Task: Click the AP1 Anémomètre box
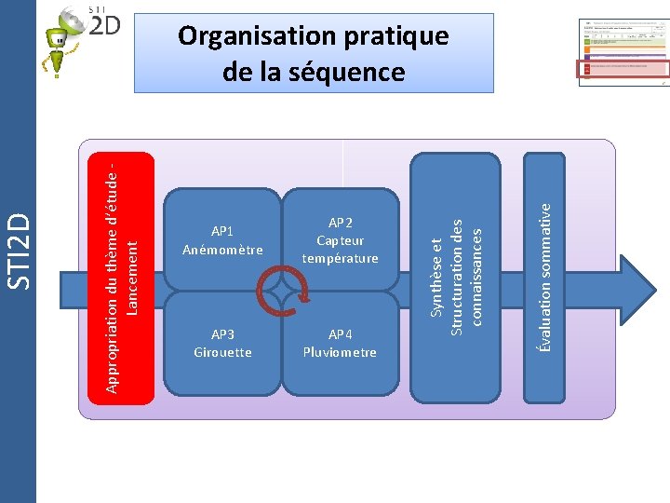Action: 222,240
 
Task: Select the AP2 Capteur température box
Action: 341,240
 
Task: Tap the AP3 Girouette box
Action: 222,343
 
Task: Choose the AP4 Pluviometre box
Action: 341,343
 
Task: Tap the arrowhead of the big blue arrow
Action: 637,284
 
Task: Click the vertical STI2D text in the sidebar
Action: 20,250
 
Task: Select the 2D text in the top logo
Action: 105,25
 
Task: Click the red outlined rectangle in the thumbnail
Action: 623,67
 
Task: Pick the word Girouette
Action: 222,352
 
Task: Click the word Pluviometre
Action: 341,352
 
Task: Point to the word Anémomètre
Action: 222,250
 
